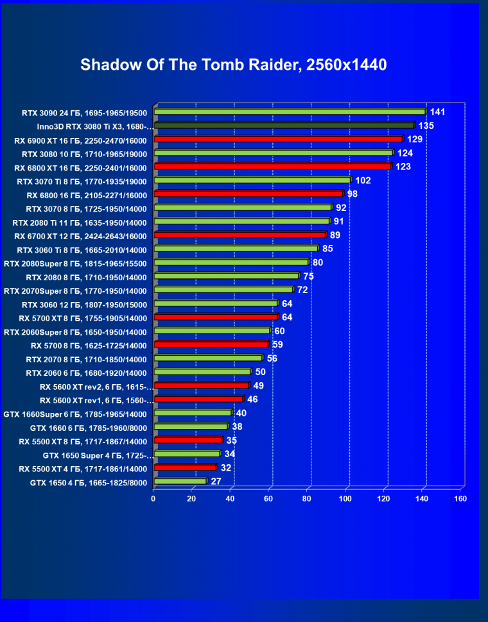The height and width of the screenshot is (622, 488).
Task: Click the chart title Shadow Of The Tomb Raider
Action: tap(234, 65)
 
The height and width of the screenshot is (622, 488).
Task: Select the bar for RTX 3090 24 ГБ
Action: tap(290, 112)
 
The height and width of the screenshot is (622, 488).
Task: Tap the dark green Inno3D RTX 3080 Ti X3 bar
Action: tap(284, 126)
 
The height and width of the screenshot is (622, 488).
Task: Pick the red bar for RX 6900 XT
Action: tap(278, 139)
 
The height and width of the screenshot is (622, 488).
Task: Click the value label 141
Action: tap(437, 112)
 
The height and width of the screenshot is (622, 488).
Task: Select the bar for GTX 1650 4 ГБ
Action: tap(180, 481)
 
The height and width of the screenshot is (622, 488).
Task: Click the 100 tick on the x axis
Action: tap(346, 498)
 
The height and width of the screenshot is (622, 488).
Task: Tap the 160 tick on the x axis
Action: tap(460, 498)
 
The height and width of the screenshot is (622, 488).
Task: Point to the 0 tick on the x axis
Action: tap(153, 498)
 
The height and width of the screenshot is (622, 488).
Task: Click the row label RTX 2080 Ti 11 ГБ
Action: tap(80, 223)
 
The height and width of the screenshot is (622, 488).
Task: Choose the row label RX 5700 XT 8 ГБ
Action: tap(83, 318)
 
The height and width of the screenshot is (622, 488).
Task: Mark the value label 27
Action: tap(216, 481)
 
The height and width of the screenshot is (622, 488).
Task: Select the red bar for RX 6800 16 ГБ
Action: tap(249, 194)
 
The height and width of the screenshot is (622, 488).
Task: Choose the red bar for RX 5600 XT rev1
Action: tap(198, 399)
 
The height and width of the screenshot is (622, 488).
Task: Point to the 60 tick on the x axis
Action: tap(269, 498)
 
